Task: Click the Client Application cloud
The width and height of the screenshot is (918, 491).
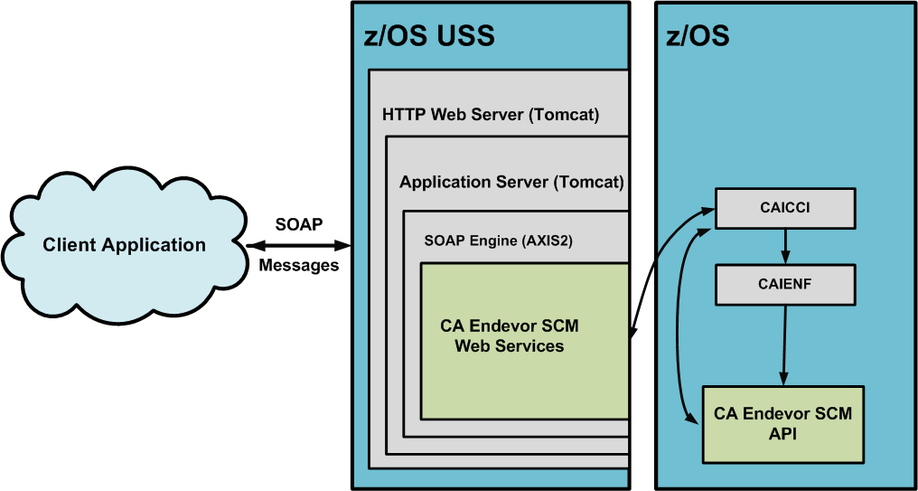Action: pos(125,244)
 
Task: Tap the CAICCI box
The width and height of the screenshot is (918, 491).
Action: pos(784,208)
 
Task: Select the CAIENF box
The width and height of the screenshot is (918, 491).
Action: pos(784,284)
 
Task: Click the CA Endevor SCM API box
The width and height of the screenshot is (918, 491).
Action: pos(782,424)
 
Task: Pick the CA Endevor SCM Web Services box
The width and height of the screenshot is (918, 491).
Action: pos(524,340)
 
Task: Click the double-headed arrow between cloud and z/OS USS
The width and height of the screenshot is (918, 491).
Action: pos(299,245)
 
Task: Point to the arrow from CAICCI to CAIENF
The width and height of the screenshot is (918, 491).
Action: pos(785,245)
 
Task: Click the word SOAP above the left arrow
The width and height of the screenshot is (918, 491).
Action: pos(298,224)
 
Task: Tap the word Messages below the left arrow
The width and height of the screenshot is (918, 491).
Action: pos(298,266)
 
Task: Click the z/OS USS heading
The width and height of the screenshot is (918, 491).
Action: pos(429,37)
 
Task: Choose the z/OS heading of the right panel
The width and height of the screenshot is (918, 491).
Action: pos(698,37)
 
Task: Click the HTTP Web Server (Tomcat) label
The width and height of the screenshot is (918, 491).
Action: pos(491,116)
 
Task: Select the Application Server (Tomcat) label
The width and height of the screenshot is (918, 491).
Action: pos(511,182)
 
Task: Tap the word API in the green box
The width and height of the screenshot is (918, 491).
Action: pos(782,435)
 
